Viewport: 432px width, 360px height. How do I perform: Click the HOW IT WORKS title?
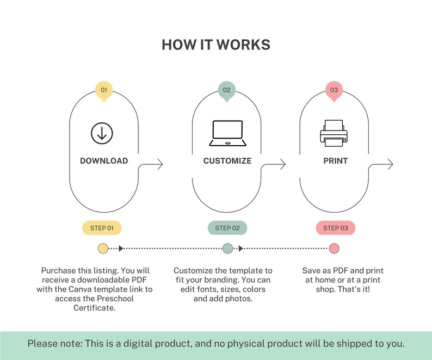point(216,45)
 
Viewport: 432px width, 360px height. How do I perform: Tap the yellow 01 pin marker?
point(104,91)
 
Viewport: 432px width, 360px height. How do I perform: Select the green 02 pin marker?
point(226,91)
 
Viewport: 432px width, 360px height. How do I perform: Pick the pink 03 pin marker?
point(334,91)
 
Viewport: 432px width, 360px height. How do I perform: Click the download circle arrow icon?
point(102,133)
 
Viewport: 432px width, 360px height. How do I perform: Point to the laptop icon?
point(227,133)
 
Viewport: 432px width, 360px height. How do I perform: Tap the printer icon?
point(334,133)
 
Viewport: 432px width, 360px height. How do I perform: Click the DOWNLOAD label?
point(104,161)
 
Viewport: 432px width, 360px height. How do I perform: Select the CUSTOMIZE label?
point(227,161)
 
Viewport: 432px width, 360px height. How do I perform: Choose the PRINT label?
point(336,161)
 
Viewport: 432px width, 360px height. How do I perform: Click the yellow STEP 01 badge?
point(102,228)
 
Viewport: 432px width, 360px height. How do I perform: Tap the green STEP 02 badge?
point(227,228)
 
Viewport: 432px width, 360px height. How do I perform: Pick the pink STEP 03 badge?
point(336,228)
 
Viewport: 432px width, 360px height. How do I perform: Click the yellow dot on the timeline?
point(103,249)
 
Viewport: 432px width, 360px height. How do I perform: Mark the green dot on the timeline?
point(227,249)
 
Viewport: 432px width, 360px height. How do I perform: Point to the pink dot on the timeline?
point(334,249)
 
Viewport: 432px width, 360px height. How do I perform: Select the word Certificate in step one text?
point(94,308)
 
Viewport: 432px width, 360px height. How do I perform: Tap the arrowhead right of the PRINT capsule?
point(391,164)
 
